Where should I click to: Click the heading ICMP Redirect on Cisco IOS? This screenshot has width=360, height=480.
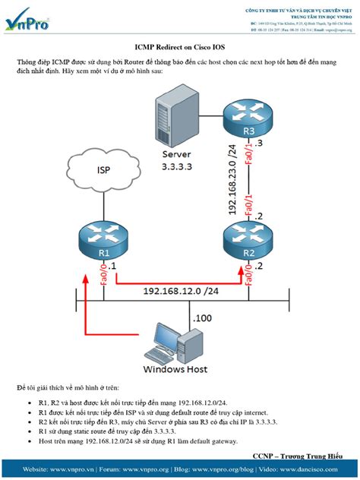point(179,46)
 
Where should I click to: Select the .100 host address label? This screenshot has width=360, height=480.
point(203,317)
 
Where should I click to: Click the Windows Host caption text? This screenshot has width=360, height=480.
point(175,370)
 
